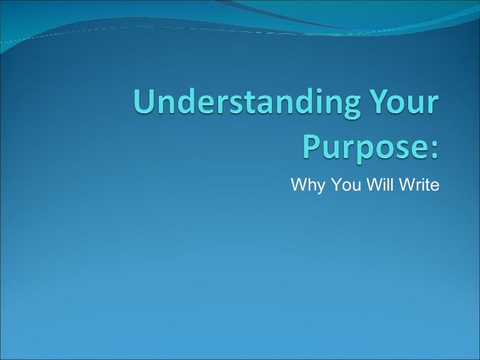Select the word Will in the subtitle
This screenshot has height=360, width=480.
pyautogui.click(x=375, y=186)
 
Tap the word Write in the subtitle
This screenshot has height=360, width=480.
pyautogui.click(x=416, y=186)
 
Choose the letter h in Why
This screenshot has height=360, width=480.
pyautogui.click(x=309, y=186)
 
